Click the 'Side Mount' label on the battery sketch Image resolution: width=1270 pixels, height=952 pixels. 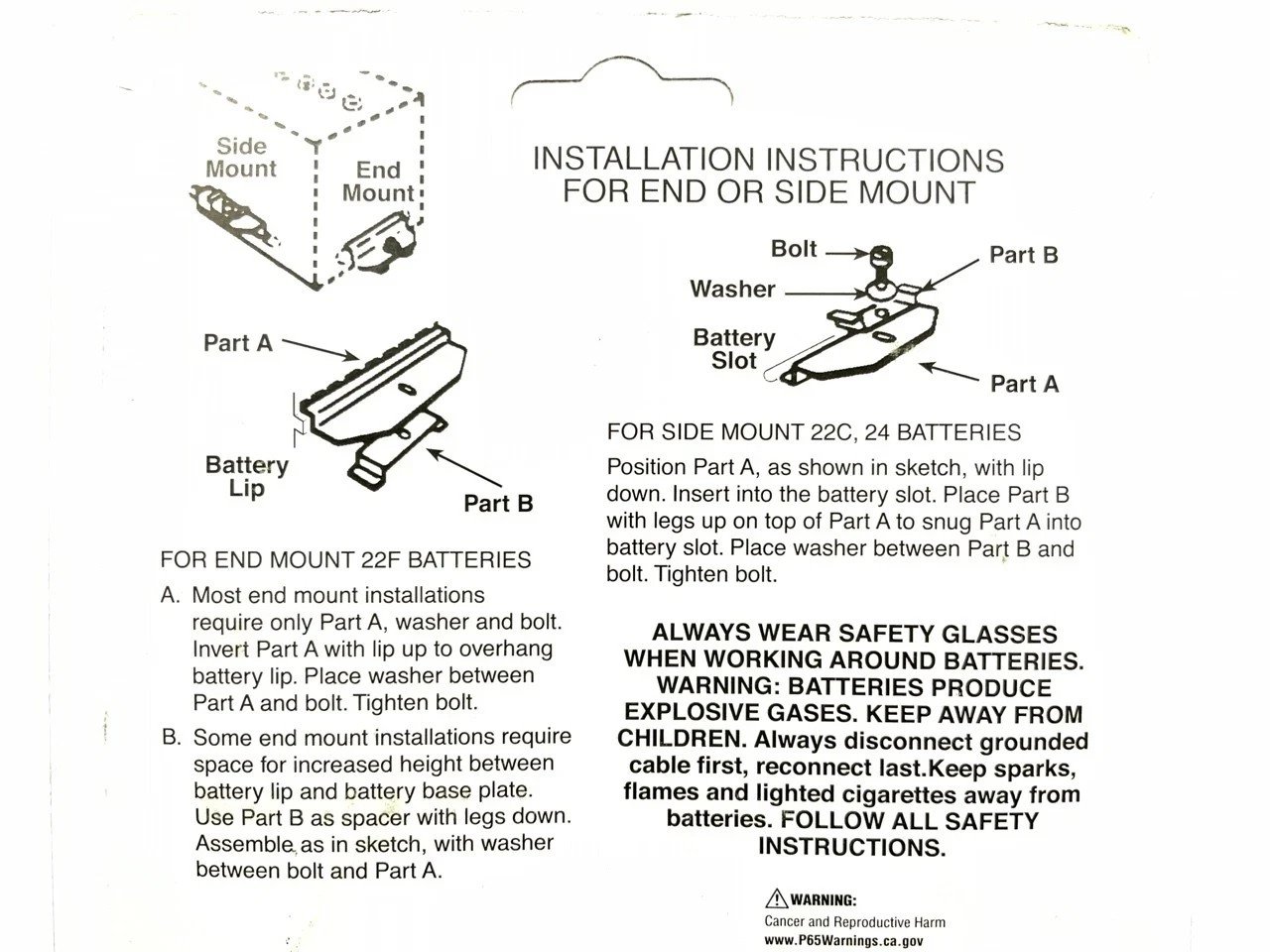241,157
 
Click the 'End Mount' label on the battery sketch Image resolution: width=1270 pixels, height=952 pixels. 378,181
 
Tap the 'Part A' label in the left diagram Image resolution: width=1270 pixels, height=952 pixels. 237,343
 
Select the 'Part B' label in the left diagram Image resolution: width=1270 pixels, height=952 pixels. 498,504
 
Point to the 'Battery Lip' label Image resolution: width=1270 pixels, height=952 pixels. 247,476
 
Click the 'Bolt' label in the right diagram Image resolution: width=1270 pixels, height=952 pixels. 794,249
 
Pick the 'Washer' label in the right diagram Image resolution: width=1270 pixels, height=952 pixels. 732,290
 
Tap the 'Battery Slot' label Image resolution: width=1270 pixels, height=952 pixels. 734,349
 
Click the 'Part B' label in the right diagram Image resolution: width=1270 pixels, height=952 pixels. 1023,255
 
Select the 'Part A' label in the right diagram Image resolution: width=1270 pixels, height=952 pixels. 1024,384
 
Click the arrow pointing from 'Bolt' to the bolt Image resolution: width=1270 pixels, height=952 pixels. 845,252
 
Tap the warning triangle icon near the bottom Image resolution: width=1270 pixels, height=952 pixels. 776,899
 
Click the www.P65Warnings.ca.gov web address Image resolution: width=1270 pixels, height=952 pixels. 847,940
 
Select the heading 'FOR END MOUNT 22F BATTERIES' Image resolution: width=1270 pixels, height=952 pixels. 345,559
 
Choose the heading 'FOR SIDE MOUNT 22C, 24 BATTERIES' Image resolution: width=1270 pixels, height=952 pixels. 814,432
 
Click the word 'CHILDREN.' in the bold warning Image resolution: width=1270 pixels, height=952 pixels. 682,740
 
